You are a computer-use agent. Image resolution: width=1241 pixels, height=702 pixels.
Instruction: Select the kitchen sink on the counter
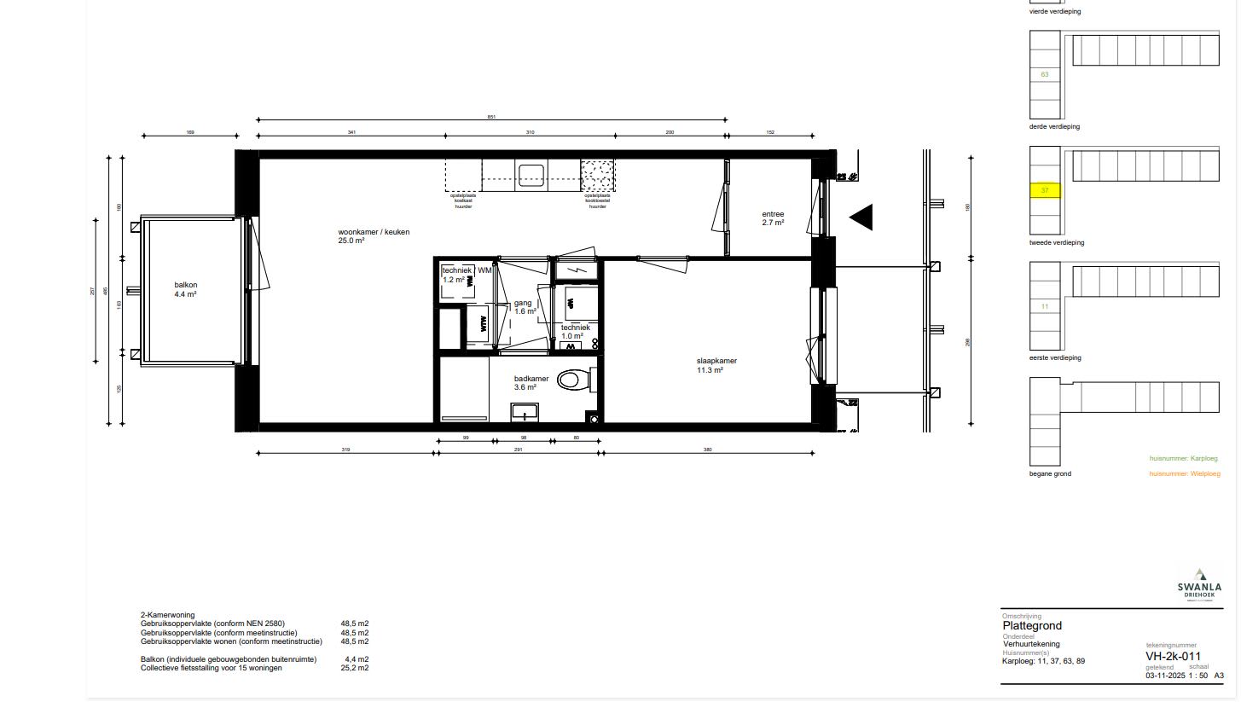[531, 175]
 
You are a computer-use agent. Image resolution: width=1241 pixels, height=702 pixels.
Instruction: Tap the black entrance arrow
[861, 218]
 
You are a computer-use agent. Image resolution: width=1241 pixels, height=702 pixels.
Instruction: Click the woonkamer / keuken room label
[362, 236]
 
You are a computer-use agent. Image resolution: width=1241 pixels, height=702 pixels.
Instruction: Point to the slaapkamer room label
[716, 365]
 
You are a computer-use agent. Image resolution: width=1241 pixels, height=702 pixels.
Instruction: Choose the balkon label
[186, 290]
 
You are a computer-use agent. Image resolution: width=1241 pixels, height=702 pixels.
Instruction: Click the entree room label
[773, 218]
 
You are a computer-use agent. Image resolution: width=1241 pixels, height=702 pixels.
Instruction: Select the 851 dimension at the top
[491, 117]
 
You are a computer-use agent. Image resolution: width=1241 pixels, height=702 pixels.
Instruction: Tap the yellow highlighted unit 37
[1045, 190]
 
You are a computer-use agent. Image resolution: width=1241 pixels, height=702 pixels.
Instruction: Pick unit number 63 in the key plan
[1045, 74]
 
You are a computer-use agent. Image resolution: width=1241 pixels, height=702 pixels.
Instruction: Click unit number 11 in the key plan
[1045, 306]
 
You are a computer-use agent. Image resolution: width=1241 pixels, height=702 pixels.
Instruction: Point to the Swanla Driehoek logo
[1199, 585]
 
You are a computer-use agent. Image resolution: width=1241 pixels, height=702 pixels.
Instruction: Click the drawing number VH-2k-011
[1173, 656]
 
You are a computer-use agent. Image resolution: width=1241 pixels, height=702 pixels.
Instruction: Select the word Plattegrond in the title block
[1032, 626]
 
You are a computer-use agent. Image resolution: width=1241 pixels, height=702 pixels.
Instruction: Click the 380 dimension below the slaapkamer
[707, 450]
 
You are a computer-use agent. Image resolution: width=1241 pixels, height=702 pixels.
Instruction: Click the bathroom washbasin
[525, 412]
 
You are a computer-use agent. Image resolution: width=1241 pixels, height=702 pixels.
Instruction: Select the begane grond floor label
[1050, 473]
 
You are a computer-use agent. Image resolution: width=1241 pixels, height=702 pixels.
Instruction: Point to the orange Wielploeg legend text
[1185, 473]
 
